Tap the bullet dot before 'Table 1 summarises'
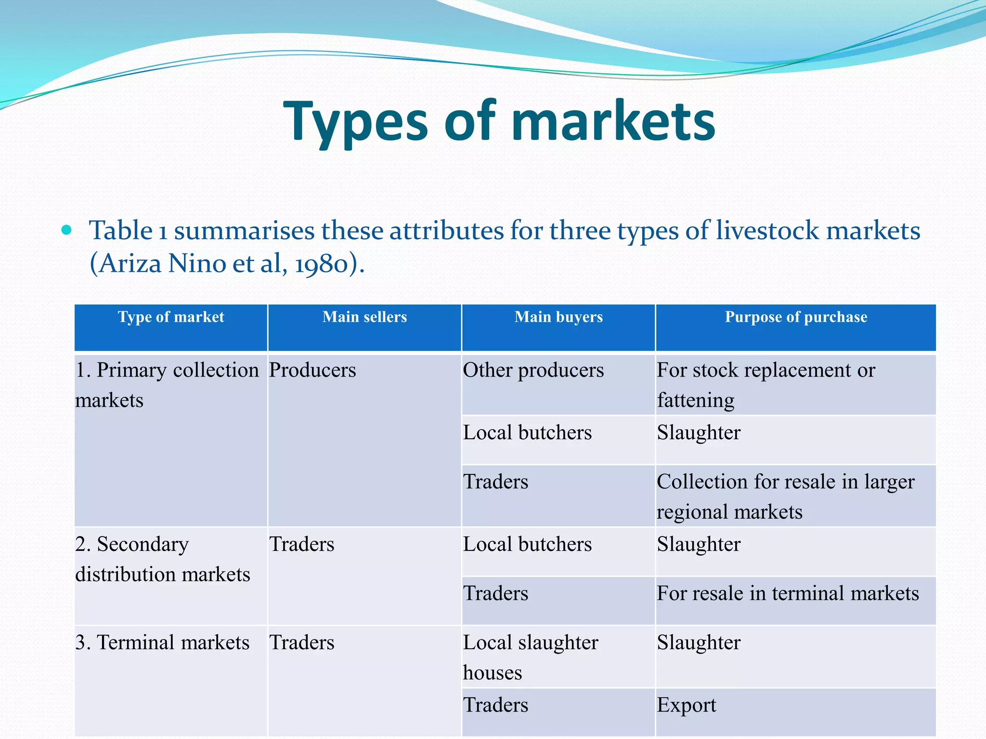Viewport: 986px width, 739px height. pyautogui.click(x=66, y=230)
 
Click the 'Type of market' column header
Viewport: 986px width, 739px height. pyautogui.click(x=171, y=317)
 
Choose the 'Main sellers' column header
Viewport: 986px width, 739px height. pyautogui.click(x=364, y=317)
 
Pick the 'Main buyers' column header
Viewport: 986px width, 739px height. pyautogui.click(x=558, y=317)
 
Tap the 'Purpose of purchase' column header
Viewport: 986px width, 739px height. pyautogui.click(x=796, y=317)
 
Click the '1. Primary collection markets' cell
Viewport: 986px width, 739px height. pyautogui.click(x=167, y=385)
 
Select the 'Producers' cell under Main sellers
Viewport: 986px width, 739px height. pyautogui.click(x=312, y=370)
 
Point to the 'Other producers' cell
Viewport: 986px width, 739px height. pyautogui.click(x=533, y=370)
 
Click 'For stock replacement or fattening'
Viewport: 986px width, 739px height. pyautogui.click(x=765, y=385)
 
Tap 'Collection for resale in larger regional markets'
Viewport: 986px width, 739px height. pyautogui.click(x=785, y=497)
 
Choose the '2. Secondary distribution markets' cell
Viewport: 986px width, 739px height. pyautogui.click(x=163, y=559)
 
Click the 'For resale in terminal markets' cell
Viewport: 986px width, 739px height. pyautogui.click(x=788, y=593)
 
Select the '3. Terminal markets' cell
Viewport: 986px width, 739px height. pyautogui.click(x=162, y=643)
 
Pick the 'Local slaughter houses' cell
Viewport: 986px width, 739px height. pyautogui.click(x=530, y=657)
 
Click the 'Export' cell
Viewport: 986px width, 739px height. pyautogui.click(x=687, y=705)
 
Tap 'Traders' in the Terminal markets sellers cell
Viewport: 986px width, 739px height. pyautogui.click(x=301, y=643)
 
